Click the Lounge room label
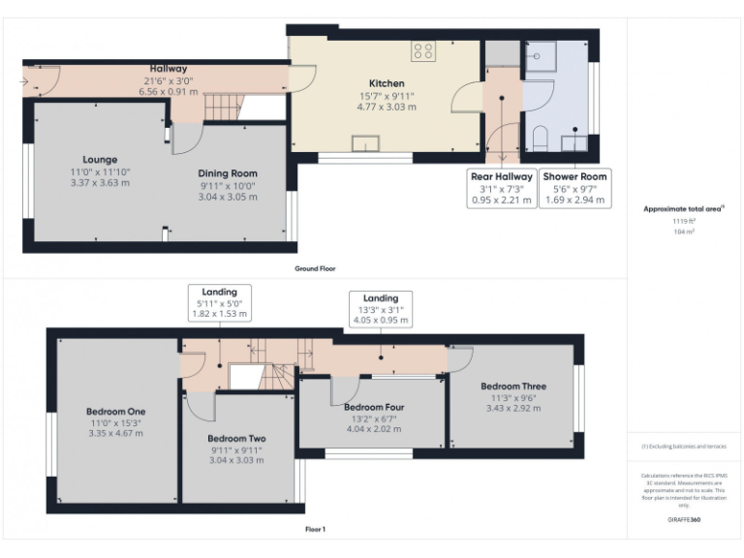100,160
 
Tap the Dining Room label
229,173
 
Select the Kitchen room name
387,83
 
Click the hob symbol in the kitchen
422,50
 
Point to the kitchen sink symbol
365,145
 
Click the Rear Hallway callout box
502,188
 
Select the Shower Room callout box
574,188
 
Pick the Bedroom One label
115,410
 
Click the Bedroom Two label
236,438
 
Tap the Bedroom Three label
513,387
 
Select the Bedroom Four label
374,407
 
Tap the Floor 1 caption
315,530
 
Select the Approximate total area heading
684,208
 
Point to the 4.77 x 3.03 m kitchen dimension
387,108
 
